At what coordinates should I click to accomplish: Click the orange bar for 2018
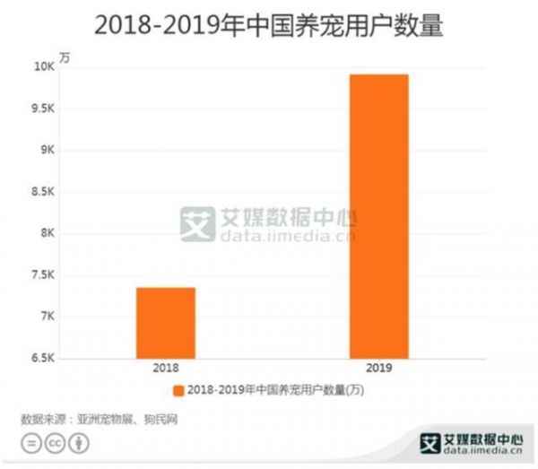166,323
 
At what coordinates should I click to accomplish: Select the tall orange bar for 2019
379,216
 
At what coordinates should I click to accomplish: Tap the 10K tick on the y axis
42,67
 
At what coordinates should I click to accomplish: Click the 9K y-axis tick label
45,151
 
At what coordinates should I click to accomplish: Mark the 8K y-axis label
45,233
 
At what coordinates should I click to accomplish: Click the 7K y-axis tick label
45,317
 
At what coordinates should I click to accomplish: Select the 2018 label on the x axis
166,368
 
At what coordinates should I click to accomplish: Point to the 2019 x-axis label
379,368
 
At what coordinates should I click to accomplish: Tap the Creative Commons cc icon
55,443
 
